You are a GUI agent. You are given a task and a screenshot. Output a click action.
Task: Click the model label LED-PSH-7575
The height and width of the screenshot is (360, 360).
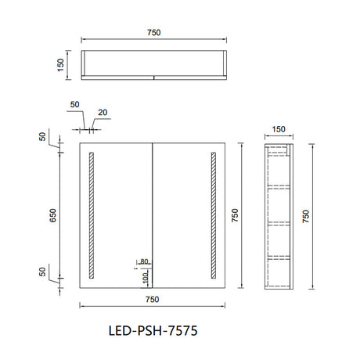click(x=153, y=331)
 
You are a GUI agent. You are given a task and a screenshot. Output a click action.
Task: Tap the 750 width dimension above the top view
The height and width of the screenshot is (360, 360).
click(x=154, y=33)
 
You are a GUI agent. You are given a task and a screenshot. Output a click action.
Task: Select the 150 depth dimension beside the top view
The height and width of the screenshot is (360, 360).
click(x=60, y=65)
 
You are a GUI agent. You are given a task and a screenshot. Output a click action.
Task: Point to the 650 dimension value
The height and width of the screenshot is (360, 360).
click(x=53, y=215)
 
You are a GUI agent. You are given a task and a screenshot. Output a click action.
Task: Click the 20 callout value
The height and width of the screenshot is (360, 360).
click(x=103, y=113)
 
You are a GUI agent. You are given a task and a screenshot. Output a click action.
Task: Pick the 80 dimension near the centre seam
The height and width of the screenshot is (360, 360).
click(x=144, y=261)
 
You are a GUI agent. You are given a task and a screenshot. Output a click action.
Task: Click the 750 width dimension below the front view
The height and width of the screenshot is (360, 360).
click(x=153, y=299)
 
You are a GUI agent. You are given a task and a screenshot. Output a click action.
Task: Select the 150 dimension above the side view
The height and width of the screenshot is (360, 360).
click(x=279, y=129)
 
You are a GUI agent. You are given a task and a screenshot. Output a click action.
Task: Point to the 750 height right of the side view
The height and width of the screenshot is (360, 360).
click(x=306, y=216)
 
